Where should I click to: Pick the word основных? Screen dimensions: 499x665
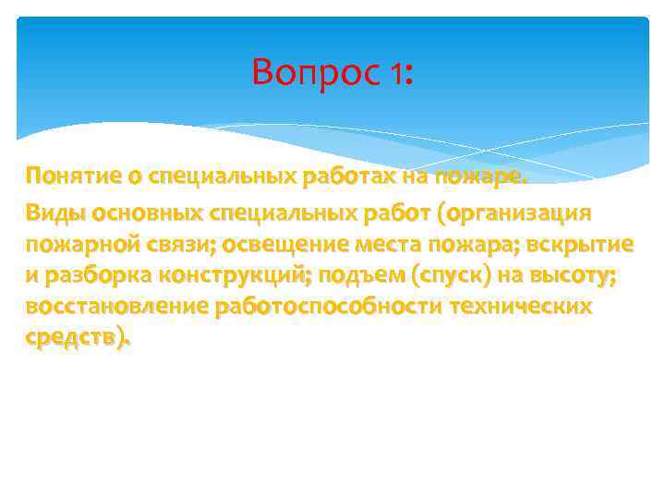click(147, 213)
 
